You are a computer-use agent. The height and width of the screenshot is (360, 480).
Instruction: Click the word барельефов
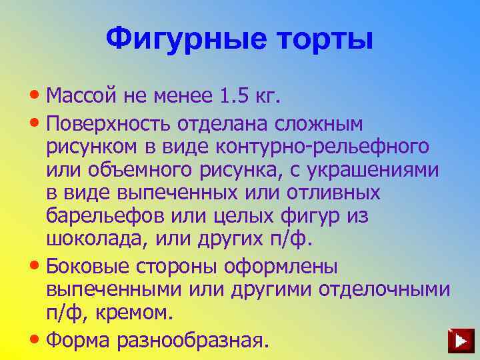(106, 218)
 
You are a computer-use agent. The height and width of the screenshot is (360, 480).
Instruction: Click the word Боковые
(89, 266)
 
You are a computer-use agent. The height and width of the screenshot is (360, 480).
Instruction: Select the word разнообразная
(193, 339)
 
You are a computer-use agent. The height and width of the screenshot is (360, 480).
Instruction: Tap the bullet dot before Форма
(35, 338)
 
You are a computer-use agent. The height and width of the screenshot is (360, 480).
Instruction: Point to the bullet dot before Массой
(35, 97)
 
